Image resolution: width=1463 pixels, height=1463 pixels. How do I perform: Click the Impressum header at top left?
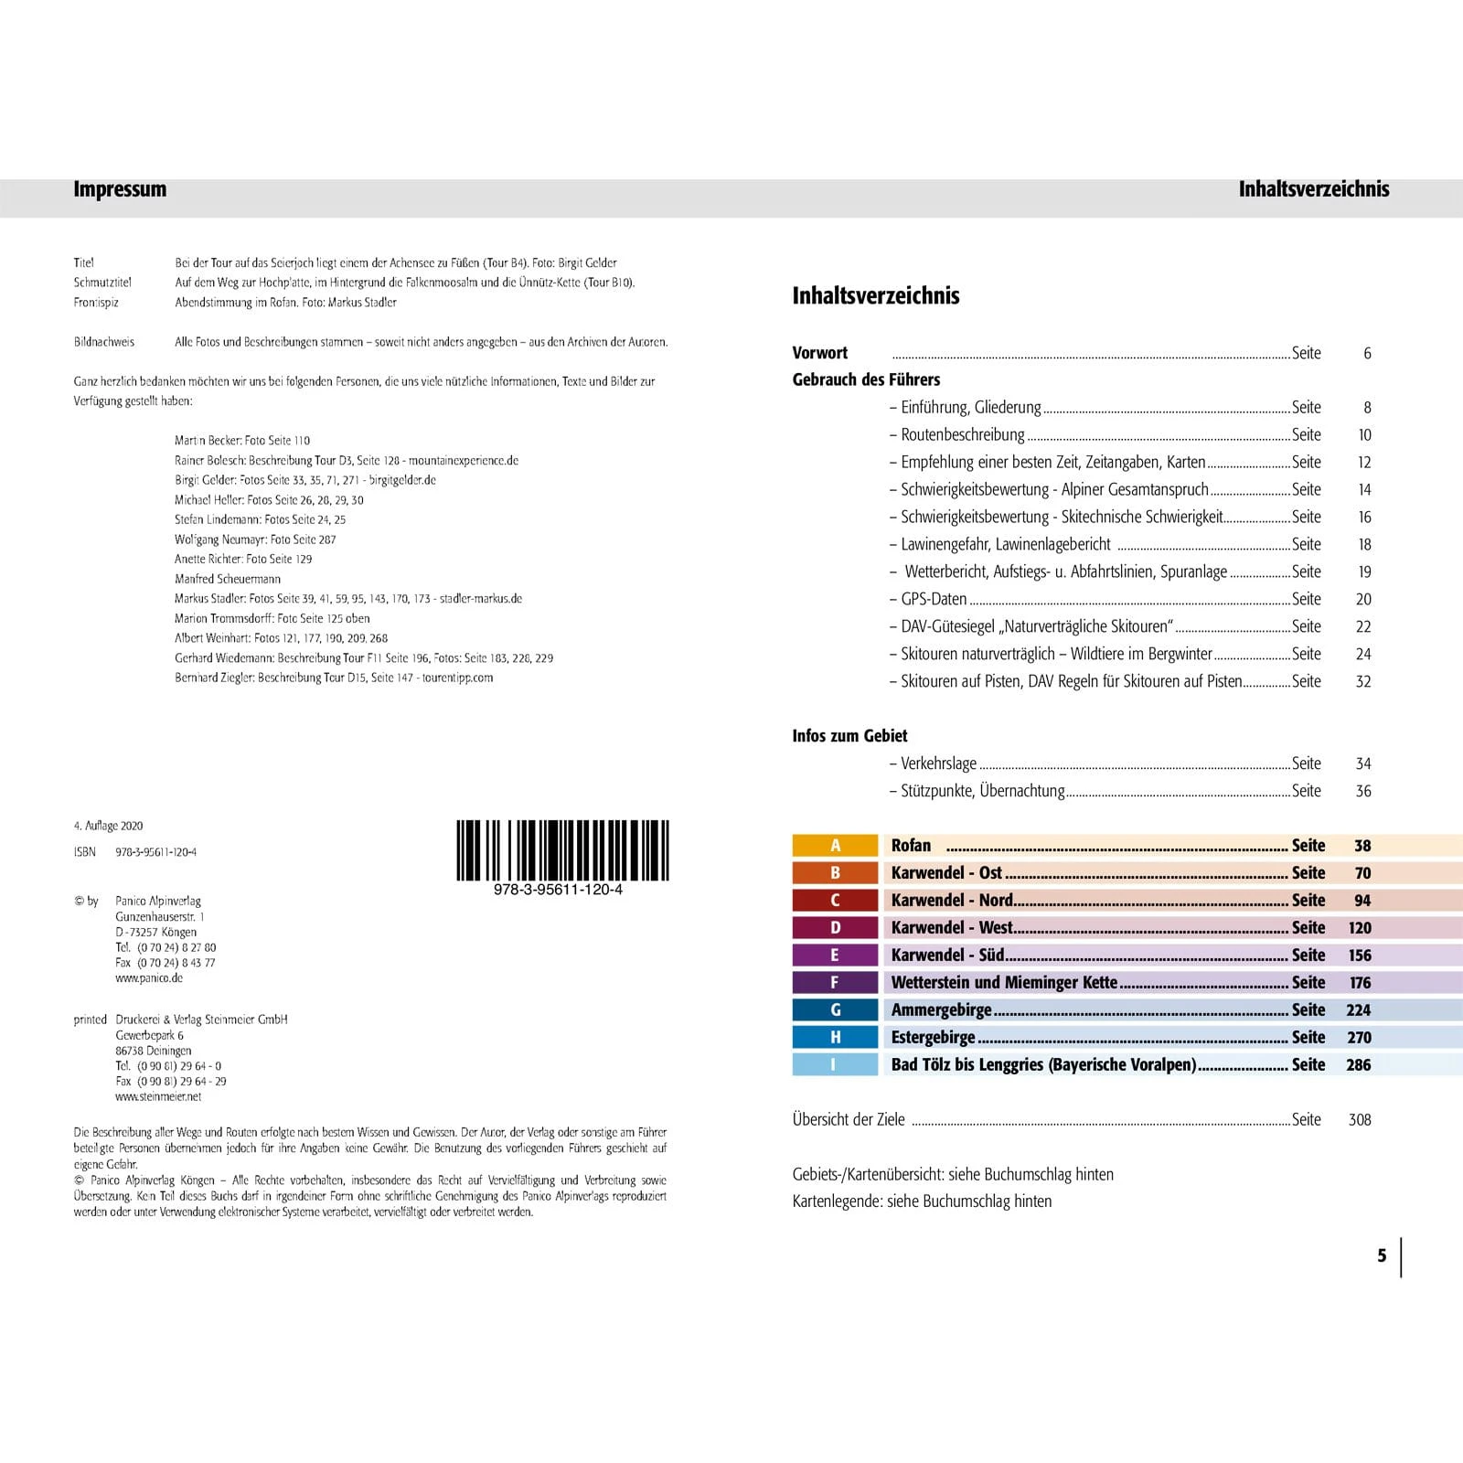tap(120, 189)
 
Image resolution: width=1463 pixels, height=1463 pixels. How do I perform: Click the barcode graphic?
tap(562, 850)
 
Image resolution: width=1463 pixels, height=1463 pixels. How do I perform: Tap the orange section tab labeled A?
tap(835, 846)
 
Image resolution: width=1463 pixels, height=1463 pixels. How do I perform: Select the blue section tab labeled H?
tap(835, 1037)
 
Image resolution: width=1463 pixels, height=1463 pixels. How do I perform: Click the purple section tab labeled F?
tap(835, 982)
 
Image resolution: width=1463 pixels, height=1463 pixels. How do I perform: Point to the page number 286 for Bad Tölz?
tap(1358, 1064)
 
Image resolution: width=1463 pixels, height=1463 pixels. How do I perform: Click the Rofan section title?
tap(911, 846)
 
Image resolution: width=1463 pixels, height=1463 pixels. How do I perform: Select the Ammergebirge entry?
tap(941, 1009)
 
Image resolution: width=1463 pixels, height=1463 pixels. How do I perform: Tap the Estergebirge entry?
tap(933, 1037)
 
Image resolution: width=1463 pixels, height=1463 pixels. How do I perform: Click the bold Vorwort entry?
tap(819, 353)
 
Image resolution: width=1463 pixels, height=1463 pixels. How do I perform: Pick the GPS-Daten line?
tap(934, 599)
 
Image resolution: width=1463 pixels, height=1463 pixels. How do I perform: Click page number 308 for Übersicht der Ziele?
tap(1359, 1119)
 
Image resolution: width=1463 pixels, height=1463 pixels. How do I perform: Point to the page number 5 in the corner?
tap(1382, 1255)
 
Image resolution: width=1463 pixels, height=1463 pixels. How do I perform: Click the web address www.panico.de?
tap(149, 977)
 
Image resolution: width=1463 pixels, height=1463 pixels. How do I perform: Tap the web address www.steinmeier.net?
tap(158, 1096)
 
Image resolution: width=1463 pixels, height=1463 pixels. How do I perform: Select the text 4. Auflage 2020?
tap(108, 826)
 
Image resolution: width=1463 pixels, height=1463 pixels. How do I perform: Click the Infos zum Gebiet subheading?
tap(849, 736)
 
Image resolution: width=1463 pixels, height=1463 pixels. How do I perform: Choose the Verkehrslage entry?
tap(938, 764)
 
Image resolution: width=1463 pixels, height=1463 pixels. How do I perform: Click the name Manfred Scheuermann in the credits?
tap(228, 579)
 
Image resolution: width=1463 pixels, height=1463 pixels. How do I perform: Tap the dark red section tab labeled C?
tap(835, 901)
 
